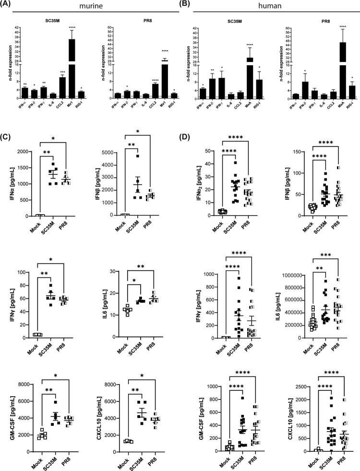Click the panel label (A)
click(8, 5)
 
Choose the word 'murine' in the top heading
click(88, 5)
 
